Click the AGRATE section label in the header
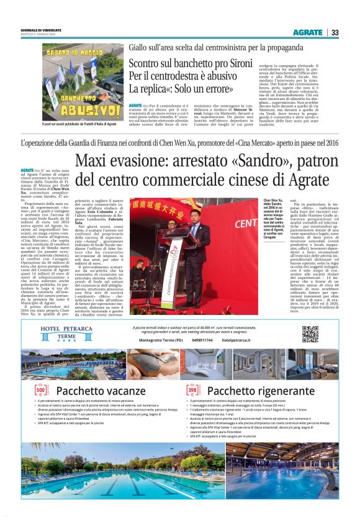pyautogui.click(x=308, y=33)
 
